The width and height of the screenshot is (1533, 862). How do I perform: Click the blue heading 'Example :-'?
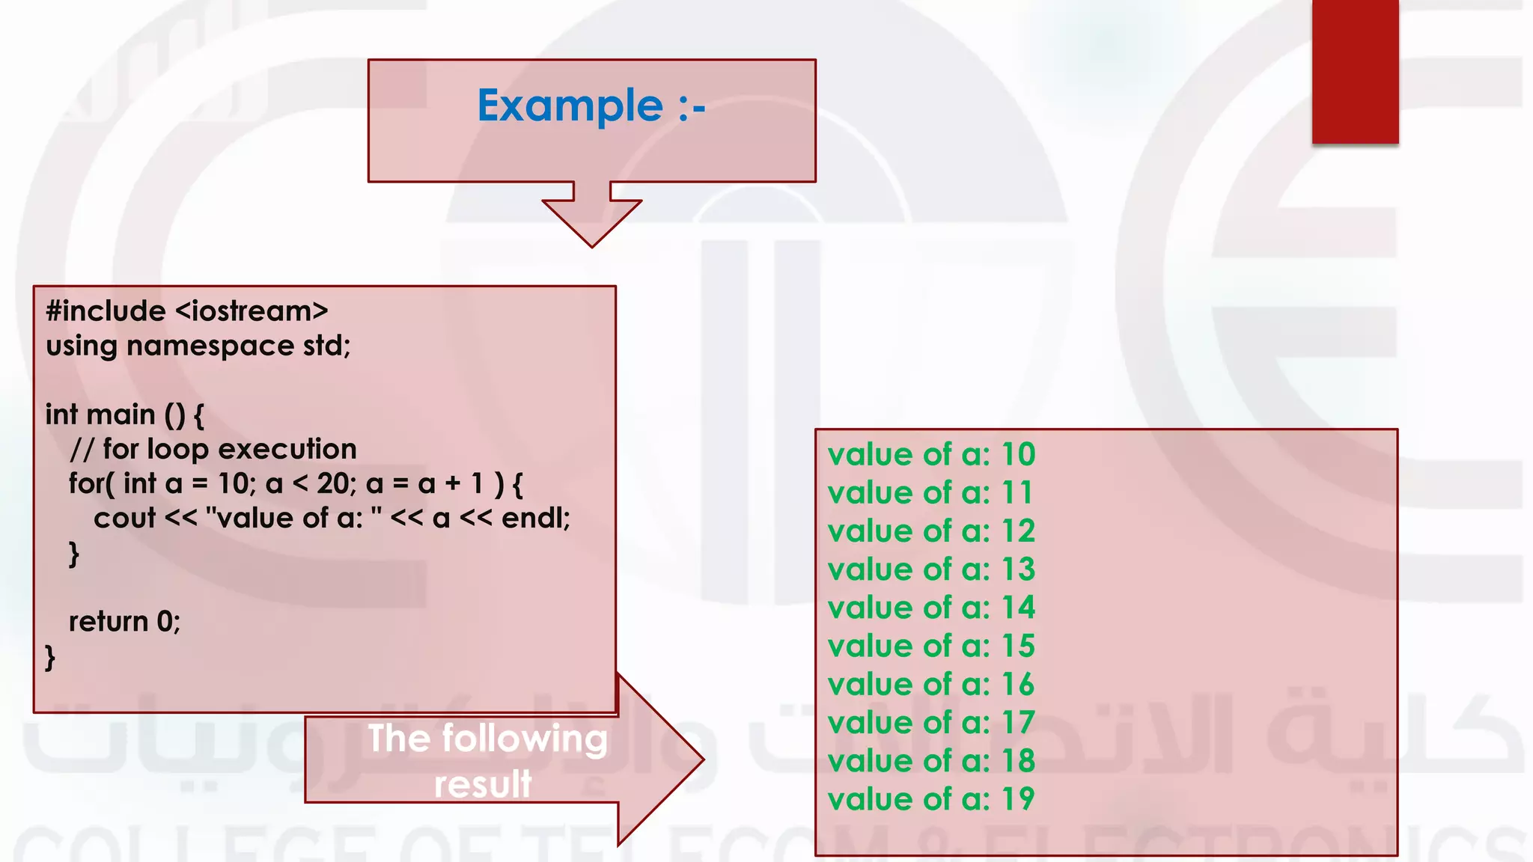(591, 106)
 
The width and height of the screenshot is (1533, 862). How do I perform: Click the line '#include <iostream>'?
(187, 311)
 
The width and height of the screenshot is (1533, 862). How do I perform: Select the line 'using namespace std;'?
(198, 346)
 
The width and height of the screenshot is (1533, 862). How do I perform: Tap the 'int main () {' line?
(124, 415)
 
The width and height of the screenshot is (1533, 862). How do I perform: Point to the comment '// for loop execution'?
(213, 449)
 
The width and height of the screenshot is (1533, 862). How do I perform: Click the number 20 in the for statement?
(333, 483)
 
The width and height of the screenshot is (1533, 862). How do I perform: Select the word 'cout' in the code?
(124, 518)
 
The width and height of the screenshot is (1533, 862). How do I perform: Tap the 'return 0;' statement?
(124, 621)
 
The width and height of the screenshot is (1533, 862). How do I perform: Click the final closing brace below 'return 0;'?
(50, 657)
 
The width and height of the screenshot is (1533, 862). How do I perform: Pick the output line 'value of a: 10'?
(931, 454)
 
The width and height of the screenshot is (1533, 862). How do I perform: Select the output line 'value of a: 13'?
(931, 569)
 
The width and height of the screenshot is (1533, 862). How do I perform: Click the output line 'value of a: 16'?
(931, 684)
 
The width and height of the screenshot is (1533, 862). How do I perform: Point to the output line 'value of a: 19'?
(931, 799)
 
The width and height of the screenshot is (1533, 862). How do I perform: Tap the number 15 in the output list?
(1018, 646)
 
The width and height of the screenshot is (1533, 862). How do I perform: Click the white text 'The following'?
(487, 739)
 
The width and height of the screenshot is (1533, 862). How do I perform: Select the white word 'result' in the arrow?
(483, 784)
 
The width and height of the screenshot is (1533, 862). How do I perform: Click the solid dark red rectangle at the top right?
(1355, 71)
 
